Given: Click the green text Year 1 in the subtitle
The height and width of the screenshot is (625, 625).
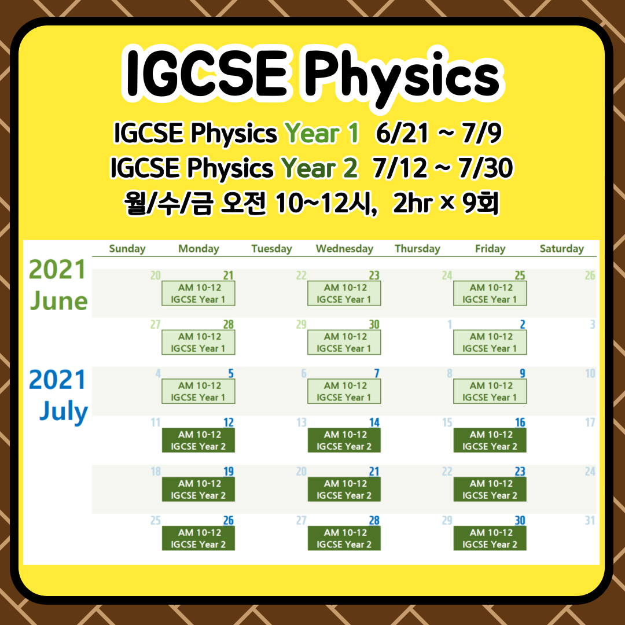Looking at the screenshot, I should [x=323, y=134].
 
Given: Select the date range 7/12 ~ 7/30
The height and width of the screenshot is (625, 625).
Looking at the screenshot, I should [x=443, y=168].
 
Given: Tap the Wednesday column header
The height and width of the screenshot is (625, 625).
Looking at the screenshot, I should [x=344, y=249].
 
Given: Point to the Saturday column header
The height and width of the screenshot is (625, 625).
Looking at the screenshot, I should [x=561, y=249].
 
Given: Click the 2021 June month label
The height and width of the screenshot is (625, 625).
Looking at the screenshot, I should [x=58, y=285].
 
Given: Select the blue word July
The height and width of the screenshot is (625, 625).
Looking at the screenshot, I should [x=64, y=412].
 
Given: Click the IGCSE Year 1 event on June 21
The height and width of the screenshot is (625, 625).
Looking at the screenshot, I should [x=198, y=293].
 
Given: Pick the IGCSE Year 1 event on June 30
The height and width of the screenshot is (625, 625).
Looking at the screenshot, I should [x=344, y=343].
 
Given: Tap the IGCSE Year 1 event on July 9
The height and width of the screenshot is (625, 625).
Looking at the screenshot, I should [x=490, y=391].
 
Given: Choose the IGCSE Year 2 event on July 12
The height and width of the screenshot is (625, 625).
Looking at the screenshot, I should [x=198, y=440].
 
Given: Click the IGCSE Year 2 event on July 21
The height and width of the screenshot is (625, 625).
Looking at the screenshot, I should [x=344, y=490].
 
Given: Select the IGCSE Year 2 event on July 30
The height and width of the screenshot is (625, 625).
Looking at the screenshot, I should [x=490, y=538].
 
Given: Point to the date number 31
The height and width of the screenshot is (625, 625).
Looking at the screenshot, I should [x=590, y=521].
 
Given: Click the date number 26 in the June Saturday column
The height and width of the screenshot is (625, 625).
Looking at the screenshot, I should [x=590, y=275].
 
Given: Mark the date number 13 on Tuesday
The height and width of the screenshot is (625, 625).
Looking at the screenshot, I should [x=301, y=423].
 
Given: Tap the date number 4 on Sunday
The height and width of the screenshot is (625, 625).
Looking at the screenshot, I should [x=157, y=374].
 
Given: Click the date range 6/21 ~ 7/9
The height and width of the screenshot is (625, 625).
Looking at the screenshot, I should [x=438, y=134].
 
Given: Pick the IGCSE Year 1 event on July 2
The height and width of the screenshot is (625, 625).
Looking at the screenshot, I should [x=490, y=343].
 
